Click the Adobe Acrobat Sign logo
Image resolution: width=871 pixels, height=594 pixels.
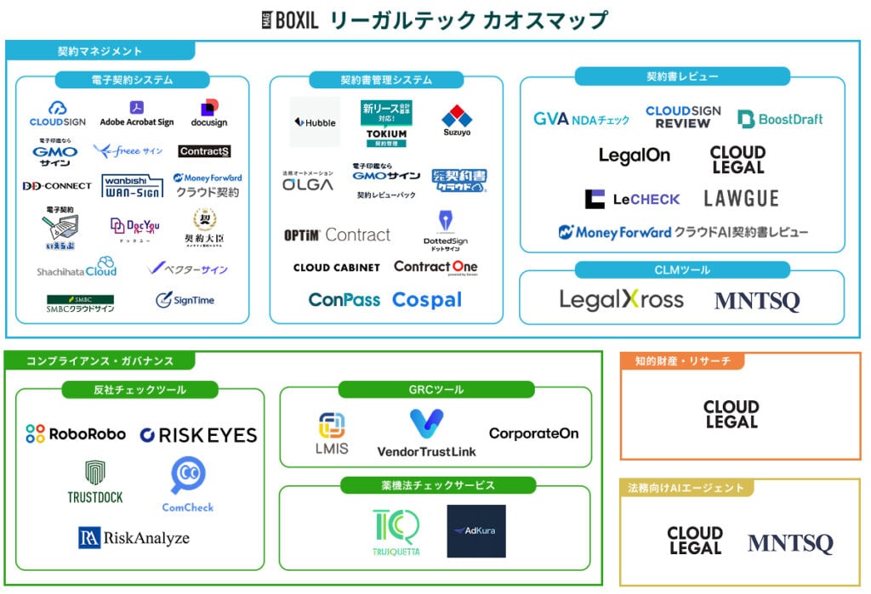[136, 114]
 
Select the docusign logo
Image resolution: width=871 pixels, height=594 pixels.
[208, 113]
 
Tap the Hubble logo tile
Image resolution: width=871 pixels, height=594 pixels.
[315, 122]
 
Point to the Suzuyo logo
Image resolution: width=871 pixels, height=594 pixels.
[457, 122]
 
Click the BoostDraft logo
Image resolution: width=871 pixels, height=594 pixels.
[780, 119]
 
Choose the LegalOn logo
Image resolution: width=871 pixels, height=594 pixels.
[634, 156]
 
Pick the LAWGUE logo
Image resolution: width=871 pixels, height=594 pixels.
[741, 199]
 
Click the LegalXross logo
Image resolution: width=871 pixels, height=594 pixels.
[621, 300]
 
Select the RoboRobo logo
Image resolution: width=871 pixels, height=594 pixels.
[75, 434]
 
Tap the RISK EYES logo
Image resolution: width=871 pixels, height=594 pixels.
[198, 435]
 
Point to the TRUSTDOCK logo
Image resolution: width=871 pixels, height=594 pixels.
[95, 482]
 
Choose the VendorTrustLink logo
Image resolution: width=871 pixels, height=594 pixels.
[426, 433]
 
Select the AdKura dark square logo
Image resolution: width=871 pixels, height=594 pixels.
[476, 531]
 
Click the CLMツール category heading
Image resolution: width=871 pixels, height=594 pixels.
[682, 270]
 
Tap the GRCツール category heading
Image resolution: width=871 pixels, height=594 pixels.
[435, 389]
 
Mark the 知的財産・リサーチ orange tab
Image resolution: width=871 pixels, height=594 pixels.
[682, 361]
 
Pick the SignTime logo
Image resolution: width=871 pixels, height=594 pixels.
[185, 300]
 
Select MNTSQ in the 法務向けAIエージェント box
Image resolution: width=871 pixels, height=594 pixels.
[790, 543]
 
